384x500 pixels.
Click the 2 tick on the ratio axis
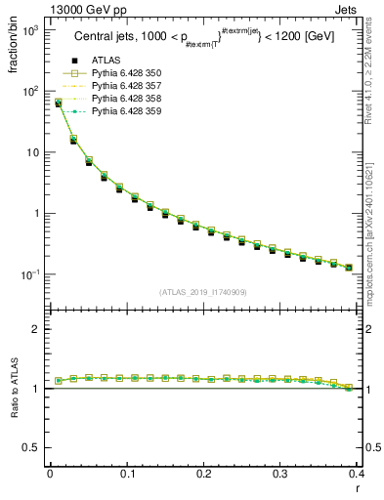pyautogui.click(x=34, y=329)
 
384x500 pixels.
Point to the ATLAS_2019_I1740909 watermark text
pyautogui.click(x=203, y=292)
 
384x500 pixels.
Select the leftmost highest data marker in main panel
pyautogui.click(x=58, y=102)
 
